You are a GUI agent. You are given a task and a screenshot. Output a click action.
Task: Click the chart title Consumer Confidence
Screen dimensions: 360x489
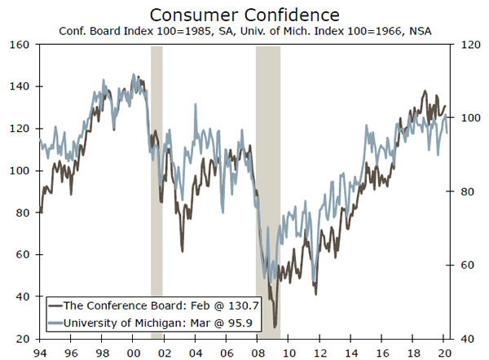[244, 15]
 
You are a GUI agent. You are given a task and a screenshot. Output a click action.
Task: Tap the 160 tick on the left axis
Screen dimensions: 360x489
[20, 45]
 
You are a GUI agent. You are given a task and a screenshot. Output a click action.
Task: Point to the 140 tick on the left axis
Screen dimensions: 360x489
[20, 86]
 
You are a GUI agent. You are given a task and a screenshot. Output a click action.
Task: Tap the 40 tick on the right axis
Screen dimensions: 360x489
[465, 338]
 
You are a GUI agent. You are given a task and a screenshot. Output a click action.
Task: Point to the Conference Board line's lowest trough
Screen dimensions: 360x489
[275, 325]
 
